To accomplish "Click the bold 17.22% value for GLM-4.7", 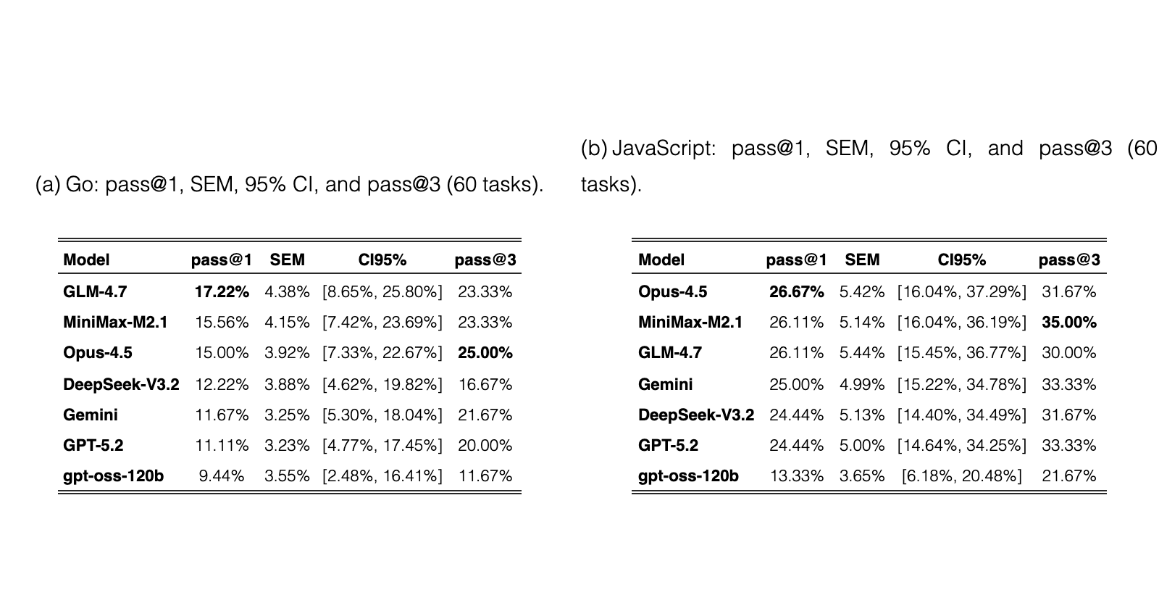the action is point(222,292).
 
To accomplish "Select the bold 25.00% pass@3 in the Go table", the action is point(485,353).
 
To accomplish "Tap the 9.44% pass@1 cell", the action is point(222,476).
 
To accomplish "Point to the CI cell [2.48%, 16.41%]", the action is point(382,476).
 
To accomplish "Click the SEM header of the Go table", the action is point(287,259).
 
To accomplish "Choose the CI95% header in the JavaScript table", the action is point(962,259).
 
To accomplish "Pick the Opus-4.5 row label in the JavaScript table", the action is point(673,292).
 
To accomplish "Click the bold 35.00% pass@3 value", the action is point(1069,323).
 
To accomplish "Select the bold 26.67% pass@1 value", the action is point(797,292).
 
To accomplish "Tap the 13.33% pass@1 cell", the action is point(797,476).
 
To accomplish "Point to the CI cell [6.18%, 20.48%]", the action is point(962,476).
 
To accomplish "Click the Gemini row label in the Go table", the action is point(91,415).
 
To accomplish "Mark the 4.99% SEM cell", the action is point(862,385).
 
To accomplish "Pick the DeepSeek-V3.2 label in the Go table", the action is point(121,385).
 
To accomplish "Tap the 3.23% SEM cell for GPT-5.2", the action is point(287,446).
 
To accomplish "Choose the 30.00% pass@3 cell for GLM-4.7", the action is point(1069,353).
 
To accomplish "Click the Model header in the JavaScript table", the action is point(661,259).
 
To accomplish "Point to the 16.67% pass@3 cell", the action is point(485,385).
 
